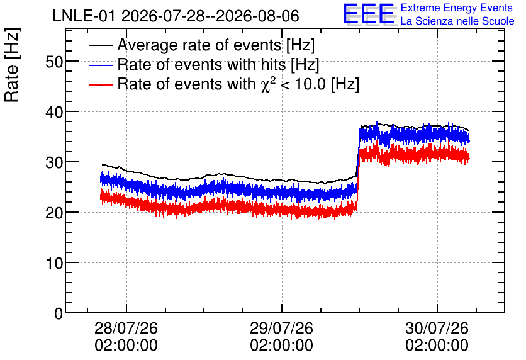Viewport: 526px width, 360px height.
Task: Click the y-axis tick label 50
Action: pyautogui.click(x=54, y=62)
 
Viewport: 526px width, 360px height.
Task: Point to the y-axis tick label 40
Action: pyautogui.click(x=54, y=112)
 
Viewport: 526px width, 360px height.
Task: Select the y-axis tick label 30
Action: pyautogui.click(x=54, y=162)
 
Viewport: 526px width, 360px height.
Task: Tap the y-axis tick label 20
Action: pyautogui.click(x=54, y=213)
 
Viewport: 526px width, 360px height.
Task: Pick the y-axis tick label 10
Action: pyautogui.click(x=54, y=263)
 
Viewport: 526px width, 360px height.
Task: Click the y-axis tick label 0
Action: pyautogui.click(x=59, y=313)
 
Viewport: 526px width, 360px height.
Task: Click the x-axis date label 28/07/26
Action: pyautogui.click(x=126, y=328)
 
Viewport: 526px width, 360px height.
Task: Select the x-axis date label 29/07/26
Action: pyautogui.click(x=281, y=328)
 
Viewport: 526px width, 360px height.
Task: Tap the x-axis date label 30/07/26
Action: pyautogui.click(x=437, y=328)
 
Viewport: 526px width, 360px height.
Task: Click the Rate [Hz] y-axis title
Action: pyautogui.click(x=12, y=65)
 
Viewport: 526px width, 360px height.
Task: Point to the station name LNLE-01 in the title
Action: pyautogui.click(x=85, y=16)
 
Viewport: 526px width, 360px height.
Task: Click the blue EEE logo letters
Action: pyautogui.click(x=369, y=14)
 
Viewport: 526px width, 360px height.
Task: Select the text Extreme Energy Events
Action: pyautogui.click(x=457, y=8)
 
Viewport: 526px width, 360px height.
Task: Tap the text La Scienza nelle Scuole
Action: pyautogui.click(x=457, y=21)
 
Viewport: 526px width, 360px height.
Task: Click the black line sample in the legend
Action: pyautogui.click(x=100, y=45)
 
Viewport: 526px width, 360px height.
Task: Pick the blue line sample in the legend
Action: pyautogui.click(x=100, y=65)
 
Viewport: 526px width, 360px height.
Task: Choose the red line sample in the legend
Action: pyautogui.click(x=100, y=84)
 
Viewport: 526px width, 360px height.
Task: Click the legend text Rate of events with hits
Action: pyautogui.click(x=201, y=64)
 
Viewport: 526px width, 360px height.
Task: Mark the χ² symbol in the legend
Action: pyautogui.click(x=266, y=84)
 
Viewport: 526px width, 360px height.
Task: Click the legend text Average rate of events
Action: pyautogui.click(x=199, y=45)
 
